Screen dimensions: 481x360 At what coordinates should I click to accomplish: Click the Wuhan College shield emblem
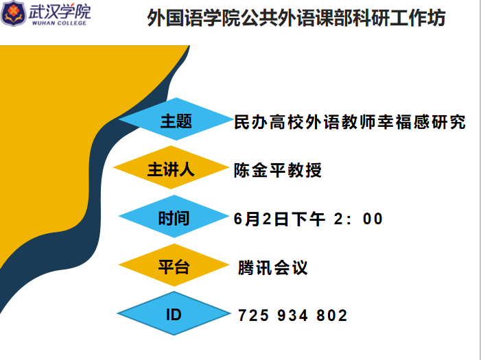[x=13, y=13]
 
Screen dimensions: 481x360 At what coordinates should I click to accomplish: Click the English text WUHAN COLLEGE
[x=59, y=23]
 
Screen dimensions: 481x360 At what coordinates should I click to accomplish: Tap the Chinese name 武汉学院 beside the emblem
[x=60, y=11]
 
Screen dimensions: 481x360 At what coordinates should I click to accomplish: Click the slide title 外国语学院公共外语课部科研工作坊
[x=296, y=18]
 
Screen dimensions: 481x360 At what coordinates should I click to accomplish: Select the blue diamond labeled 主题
[x=176, y=119]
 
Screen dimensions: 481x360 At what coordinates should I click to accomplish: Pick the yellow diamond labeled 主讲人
[x=171, y=167]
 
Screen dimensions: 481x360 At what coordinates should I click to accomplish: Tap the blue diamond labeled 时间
[x=174, y=216]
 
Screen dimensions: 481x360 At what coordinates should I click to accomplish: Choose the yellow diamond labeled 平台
[x=174, y=265]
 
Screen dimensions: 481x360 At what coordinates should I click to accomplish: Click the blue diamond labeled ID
[x=174, y=313]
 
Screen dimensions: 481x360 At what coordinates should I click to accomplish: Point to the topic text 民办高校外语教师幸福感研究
[x=350, y=122]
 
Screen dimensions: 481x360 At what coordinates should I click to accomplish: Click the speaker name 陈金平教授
[x=278, y=170]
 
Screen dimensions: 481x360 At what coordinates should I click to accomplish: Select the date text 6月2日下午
[x=279, y=219]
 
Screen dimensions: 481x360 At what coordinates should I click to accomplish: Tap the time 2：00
[x=358, y=219]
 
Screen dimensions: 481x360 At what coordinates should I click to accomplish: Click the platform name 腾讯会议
[x=272, y=267]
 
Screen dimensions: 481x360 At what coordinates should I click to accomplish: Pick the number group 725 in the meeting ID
[x=253, y=315]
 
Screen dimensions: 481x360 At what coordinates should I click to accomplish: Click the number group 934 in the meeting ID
[x=292, y=315]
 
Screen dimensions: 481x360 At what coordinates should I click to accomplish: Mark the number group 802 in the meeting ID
[x=332, y=315]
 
